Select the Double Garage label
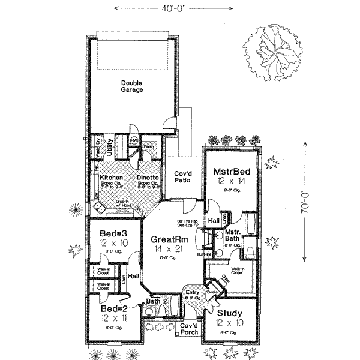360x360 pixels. [132, 86]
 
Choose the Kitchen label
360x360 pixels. [112, 178]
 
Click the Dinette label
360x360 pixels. [147, 178]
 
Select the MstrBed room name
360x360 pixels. [232, 173]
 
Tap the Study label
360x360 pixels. [230, 313]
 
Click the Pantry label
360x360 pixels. [149, 146]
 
